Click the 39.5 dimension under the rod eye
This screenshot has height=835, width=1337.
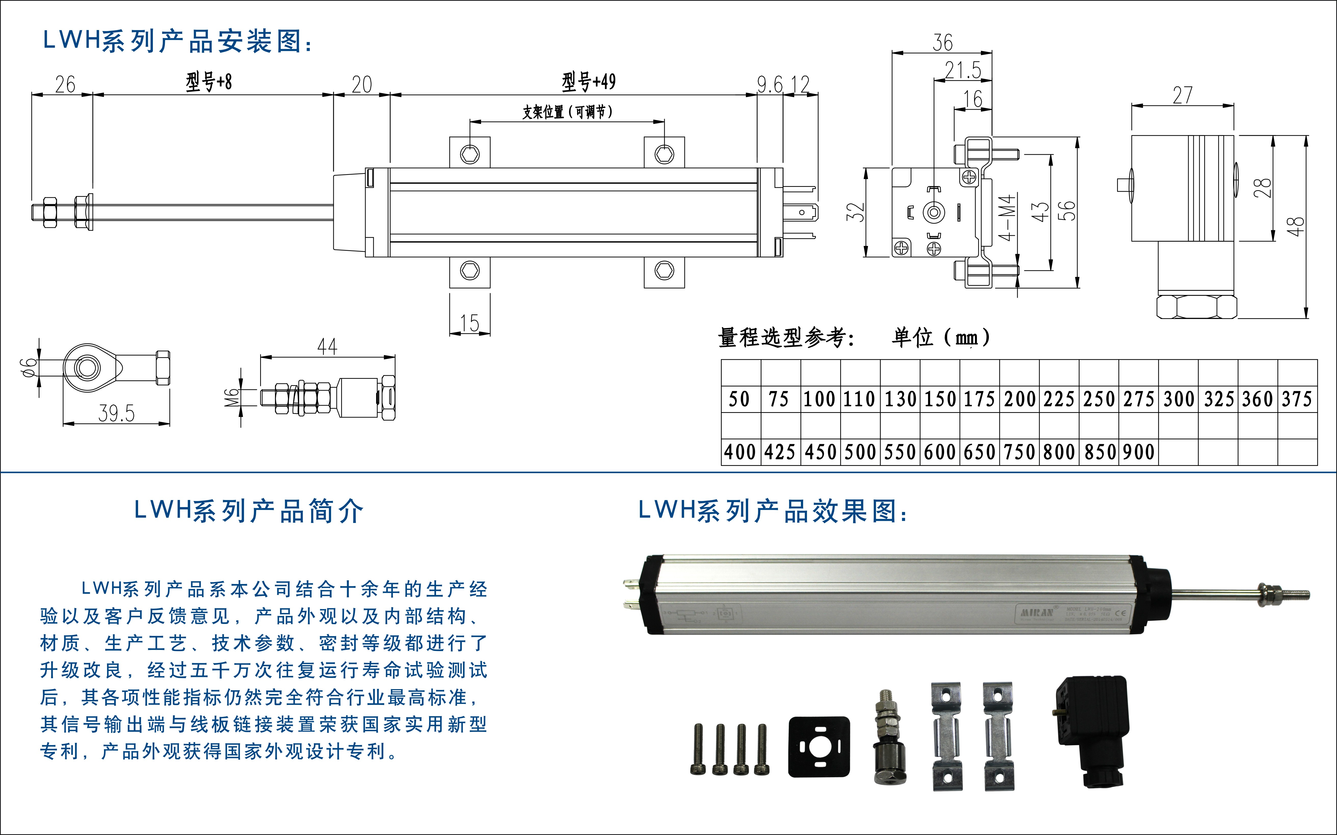click(x=117, y=413)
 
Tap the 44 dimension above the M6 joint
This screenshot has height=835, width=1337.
click(x=327, y=347)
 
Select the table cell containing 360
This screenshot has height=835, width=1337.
click(x=1257, y=399)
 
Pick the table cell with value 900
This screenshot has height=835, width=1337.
click(x=1139, y=452)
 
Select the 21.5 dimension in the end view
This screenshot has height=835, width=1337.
click(x=963, y=70)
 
